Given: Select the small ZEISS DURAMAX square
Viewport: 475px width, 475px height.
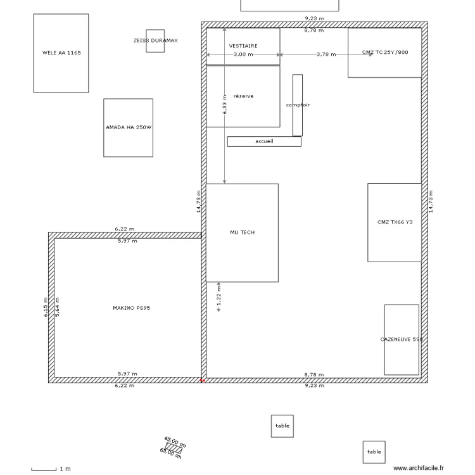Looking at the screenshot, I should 155,41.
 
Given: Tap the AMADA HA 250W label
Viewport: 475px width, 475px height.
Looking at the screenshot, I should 129,127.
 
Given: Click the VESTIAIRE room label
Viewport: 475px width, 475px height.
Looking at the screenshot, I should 243,46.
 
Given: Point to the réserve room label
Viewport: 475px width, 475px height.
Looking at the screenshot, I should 244,96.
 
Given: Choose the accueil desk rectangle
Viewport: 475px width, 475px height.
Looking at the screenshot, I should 264,142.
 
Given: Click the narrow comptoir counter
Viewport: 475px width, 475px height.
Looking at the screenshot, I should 297,105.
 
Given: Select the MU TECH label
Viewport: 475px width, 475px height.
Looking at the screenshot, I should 242,232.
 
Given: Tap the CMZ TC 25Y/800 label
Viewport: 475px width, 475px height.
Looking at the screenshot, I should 385,53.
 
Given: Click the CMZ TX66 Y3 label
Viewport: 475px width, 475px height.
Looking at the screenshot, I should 395,222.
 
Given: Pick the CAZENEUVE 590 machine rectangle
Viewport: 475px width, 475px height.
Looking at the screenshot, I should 402,339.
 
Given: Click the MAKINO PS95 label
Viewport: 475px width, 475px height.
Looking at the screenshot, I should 131,308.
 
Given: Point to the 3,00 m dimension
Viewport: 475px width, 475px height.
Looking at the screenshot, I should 243,54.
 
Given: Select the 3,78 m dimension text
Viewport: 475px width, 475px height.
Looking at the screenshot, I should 326,54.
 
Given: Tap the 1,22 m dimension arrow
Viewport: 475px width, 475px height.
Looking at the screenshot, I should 218,298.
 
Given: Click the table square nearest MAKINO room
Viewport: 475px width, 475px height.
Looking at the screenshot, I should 282,426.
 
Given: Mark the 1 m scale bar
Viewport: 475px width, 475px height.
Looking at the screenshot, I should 44,469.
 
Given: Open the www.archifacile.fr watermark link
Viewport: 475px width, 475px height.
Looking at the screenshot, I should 419,468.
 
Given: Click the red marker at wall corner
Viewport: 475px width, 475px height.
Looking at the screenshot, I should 203,381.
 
